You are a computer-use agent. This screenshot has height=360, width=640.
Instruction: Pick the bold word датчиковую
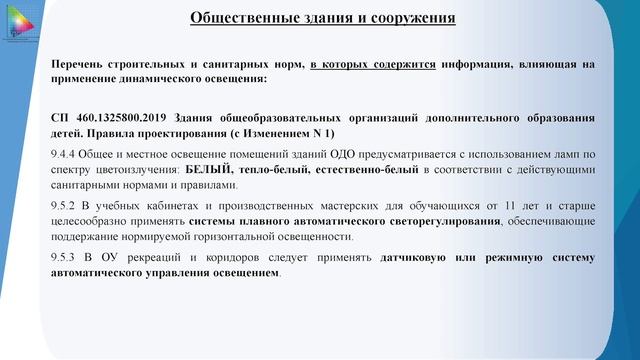[414, 257]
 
